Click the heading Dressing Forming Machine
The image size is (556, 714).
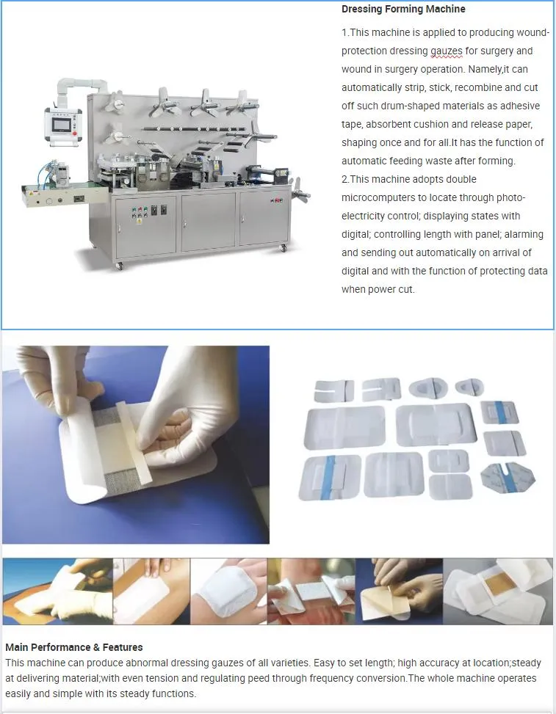pos(403,10)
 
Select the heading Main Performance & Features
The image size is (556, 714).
pos(73,647)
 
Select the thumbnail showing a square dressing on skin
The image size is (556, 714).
pos(228,591)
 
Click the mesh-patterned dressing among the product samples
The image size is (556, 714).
pos(508,478)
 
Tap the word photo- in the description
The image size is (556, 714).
pos(509,197)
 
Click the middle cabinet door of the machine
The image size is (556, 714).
pos(208,221)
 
